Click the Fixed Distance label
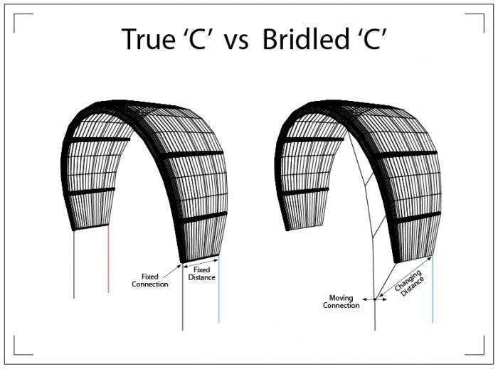pos(202,274)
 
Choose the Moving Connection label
pos(341,302)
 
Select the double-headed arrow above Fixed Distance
pos(201,265)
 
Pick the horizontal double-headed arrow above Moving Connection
pos(375,299)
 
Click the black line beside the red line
pos(74,263)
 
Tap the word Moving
pos(340,298)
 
